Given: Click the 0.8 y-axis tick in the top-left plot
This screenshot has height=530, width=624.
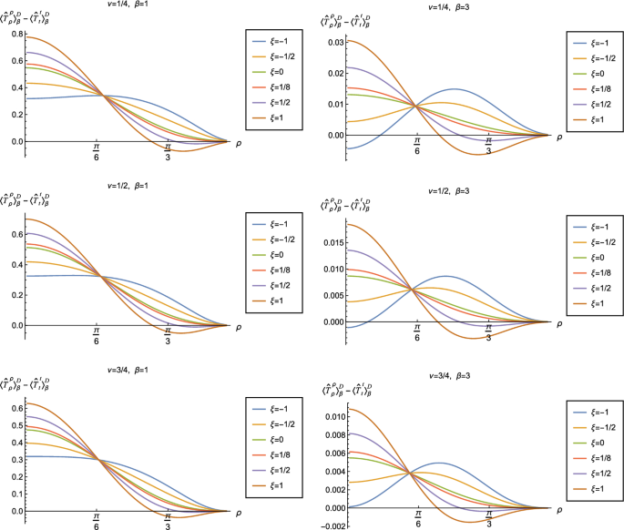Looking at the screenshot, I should pos(13,34).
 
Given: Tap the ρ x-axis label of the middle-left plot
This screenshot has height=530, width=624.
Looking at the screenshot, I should pos(240,325).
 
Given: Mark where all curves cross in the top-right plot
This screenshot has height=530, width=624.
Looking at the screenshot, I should pos(416,106).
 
